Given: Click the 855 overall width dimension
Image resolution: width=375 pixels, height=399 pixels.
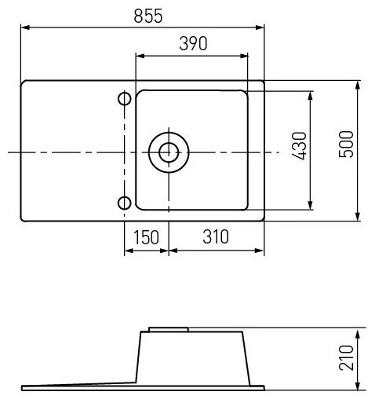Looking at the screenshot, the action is tap(148, 16).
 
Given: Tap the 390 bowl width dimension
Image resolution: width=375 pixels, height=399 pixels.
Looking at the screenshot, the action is tap(193, 43).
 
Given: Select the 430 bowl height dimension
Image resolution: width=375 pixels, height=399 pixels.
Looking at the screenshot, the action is tap(299, 146).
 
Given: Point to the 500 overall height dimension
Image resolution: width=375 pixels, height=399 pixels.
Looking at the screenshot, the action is tap(346, 144).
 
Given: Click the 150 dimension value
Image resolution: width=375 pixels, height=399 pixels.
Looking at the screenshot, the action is tap(146, 237).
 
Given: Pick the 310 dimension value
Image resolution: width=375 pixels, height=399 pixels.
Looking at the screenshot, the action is tap(216, 236).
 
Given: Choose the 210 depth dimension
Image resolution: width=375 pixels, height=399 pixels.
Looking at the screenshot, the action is tap(346, 357).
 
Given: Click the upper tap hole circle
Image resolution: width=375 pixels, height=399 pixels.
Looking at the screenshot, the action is tap(125, 99).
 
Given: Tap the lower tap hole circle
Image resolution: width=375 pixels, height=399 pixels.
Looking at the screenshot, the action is tap(125, 203).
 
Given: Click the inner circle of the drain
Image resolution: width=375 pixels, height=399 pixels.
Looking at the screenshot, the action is tap(169, 152).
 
